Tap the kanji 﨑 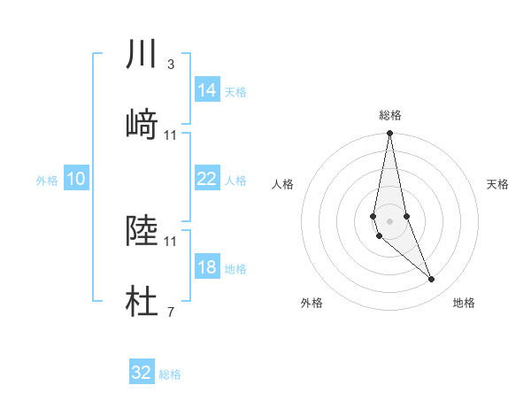pos(142,125)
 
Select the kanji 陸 pos(142,231)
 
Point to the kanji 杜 pos(142,303)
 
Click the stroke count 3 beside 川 pos(170,65)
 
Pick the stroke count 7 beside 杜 pos(170,312)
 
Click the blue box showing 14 pos(206,90)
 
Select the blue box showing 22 pos(206,179)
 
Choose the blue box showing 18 pos(206,267)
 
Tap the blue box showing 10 pos(76,179)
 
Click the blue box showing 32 pos(142,373)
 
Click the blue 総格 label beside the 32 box pos(170,374)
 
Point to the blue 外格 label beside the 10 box pos(47,181)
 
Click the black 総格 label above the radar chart pos(389,115)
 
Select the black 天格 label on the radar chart pos(498,184)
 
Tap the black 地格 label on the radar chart pos(464,303)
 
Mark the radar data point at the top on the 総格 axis pos(389,134)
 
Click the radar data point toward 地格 pos(432,280)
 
